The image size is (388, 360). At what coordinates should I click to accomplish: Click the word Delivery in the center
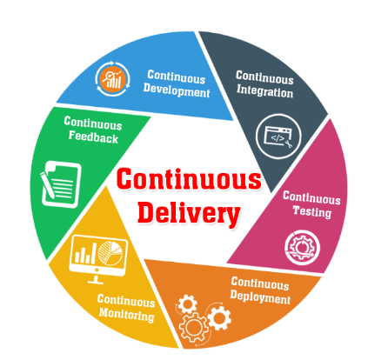[189, 213]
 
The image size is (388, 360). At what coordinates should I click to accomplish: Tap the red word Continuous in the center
[189, 179]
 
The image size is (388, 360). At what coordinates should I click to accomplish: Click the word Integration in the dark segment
[264, 91]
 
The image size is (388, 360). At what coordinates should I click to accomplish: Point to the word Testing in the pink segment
[312, 211]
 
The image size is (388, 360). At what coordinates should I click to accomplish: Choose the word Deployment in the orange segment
[260, 297]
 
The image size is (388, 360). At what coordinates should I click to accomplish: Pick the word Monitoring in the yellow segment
[126, 315]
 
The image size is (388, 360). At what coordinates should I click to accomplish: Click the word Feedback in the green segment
[93, 137]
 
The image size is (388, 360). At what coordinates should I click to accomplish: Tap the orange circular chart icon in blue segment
[112, 78]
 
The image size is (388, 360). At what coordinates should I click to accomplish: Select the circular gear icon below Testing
[303, 248]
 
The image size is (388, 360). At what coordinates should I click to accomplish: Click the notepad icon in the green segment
[61, 184]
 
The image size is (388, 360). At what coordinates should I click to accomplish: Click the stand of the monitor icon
[96, 279]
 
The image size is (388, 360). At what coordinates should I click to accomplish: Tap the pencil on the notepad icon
[47, 185]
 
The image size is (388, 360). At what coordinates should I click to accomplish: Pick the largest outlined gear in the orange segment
[193, 328]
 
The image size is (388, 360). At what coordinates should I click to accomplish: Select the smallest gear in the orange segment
[187, 303]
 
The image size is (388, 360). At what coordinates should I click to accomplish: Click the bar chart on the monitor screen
[85, 253]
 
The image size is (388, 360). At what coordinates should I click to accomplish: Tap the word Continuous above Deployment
[260, 283]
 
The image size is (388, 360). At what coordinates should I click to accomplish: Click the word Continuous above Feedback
[93, 123]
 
